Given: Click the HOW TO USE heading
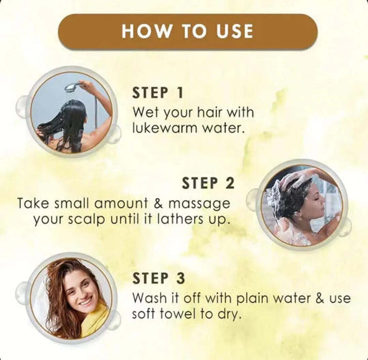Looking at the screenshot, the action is pos(187,31).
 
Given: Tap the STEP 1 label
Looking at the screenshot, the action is pos(157,93).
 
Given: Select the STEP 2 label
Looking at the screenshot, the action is pos(208,183).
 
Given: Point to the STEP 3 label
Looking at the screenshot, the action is pos(159,278).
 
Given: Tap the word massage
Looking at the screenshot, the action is pos(199,204).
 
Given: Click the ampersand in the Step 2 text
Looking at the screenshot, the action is pos(158,203).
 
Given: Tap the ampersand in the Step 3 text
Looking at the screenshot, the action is pos(321,298).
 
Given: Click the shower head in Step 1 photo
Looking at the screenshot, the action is pos(72,87).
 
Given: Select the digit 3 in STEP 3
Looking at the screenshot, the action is pos(181,278).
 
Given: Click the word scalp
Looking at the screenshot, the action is pos(87,220).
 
